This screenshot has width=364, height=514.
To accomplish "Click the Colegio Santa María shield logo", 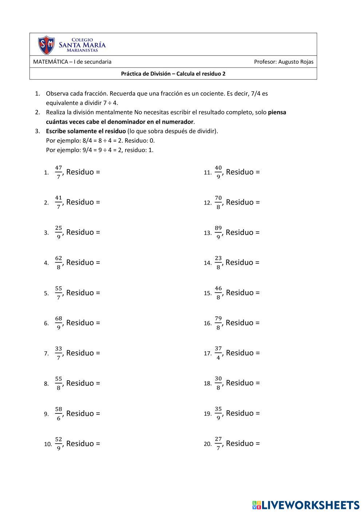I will tap(46, 45).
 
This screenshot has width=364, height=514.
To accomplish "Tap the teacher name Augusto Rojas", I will tap(296, 62).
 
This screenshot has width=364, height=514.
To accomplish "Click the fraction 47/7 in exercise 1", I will tap(59, 172).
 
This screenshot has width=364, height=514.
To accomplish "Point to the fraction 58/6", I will tap(59, 413).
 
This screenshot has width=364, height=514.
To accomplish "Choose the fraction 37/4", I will tap(218, 353).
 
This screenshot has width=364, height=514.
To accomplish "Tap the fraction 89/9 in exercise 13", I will tap(218, 232).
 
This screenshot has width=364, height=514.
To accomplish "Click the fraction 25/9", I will tap(59, 232).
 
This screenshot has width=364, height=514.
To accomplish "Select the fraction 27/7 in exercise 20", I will tap(218, 443).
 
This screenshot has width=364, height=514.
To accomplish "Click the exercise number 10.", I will tap(48, 444).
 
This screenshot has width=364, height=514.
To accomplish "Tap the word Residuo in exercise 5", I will tap(80, 293).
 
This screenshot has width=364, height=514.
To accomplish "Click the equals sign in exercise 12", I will tap(258, 202).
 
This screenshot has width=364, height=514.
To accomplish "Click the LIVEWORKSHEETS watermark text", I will tap(310, 505).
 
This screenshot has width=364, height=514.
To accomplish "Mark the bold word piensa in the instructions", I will tap(277, 112).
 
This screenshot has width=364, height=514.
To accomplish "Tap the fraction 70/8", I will tap(218, 202).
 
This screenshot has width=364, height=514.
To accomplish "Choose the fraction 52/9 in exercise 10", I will tap(59, 444).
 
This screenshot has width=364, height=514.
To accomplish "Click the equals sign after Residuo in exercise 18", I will tap(258, 383).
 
